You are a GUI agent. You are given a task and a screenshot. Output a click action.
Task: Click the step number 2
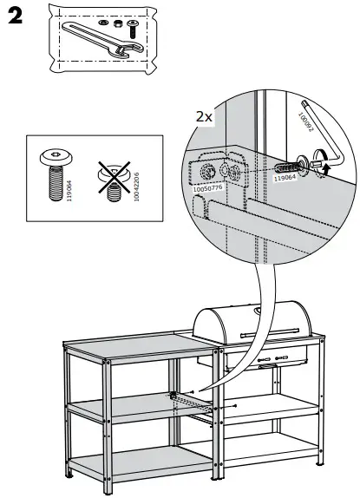tap(15, 19)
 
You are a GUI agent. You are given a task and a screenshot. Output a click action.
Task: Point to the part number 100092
tap(304, 121)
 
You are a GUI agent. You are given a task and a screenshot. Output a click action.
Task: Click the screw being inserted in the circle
tap(287, 163)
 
